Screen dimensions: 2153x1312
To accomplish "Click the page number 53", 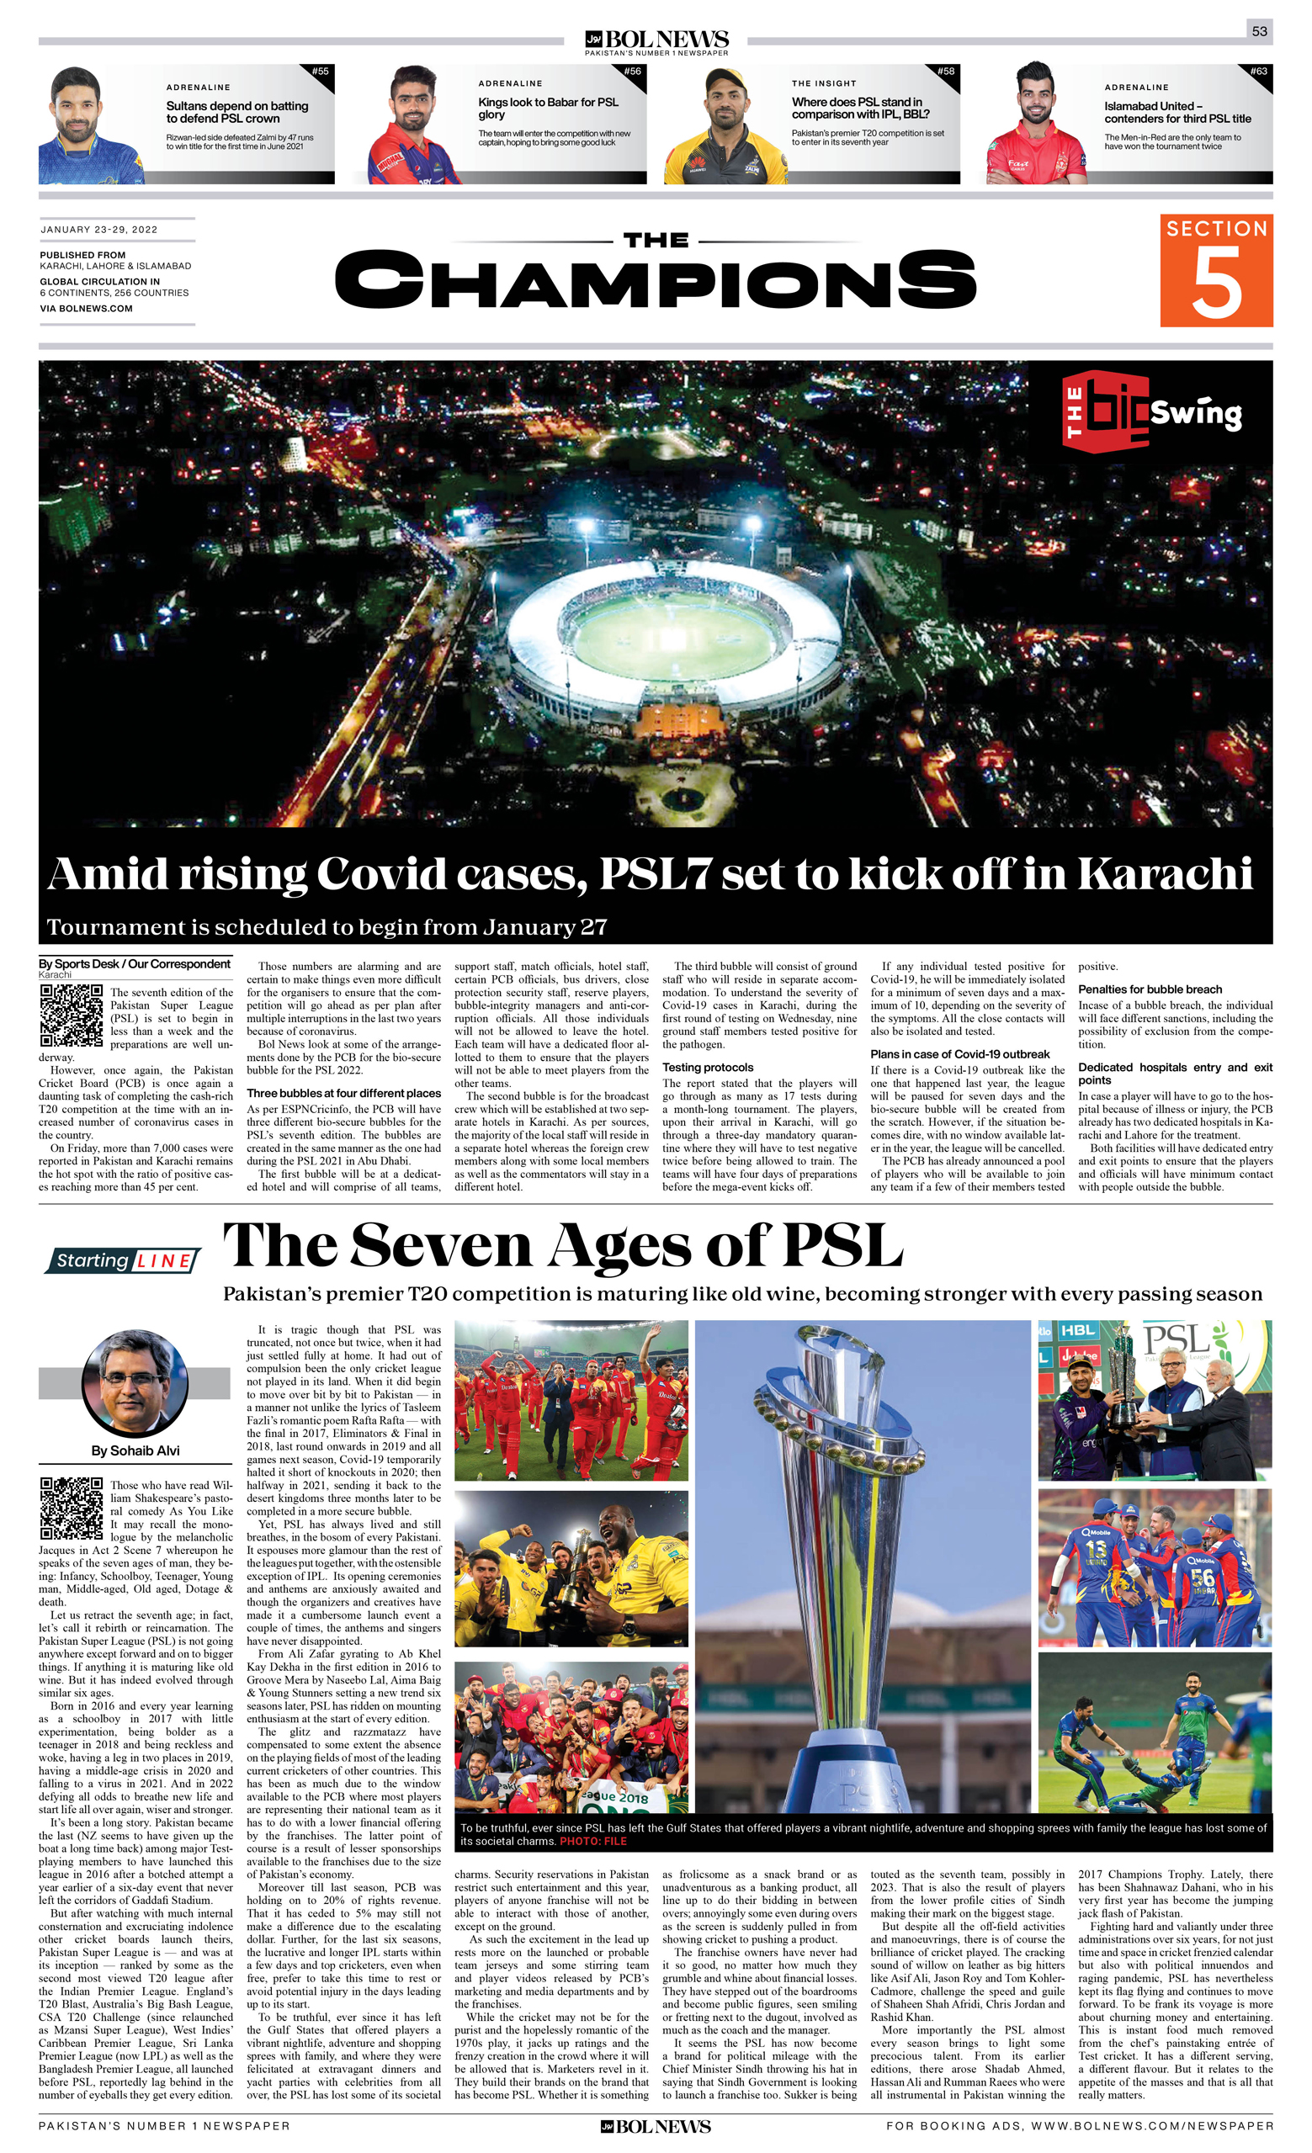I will pos(1259,31).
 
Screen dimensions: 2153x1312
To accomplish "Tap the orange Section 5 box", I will pos(1216,270).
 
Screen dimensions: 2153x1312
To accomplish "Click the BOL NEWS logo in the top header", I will pos(656,40).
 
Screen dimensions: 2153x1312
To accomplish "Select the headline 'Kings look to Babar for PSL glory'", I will pos(548,108).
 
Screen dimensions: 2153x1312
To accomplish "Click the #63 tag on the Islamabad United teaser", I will pos(1258,72).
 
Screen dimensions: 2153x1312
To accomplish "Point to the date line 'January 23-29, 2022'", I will pos(98,230).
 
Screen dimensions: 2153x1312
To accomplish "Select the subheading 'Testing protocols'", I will pos(707,1067).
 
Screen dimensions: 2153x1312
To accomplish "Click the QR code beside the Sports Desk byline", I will pos(71,1016).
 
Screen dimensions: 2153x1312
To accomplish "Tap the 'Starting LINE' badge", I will pos(123,1261).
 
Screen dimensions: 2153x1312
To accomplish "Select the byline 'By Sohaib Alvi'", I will pos(135,1450).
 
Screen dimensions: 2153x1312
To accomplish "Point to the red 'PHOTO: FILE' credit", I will pos(593,1841).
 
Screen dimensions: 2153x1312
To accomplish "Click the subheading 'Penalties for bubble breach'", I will pos(1150,989).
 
